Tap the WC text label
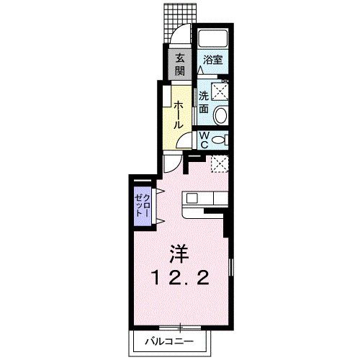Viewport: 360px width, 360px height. pyautogui.click(x=204, y=138)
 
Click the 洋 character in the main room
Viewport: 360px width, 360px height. pyautogui.click(x=179, y=253)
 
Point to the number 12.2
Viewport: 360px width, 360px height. pyautogui.click(x=180, y=279)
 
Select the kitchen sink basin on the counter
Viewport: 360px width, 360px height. pyautogui.click(x=192, y=197)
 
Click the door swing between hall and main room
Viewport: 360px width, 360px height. pyautogui.click(x=171, y=163)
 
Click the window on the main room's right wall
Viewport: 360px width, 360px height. pyautogui.click(x=231, y=274)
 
